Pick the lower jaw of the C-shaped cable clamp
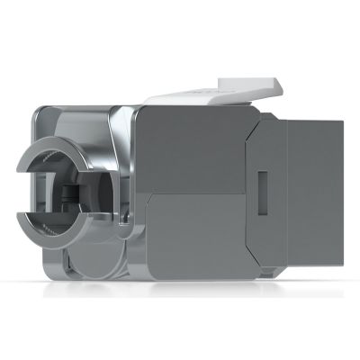(56, 236)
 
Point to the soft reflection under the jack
(180, 292)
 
